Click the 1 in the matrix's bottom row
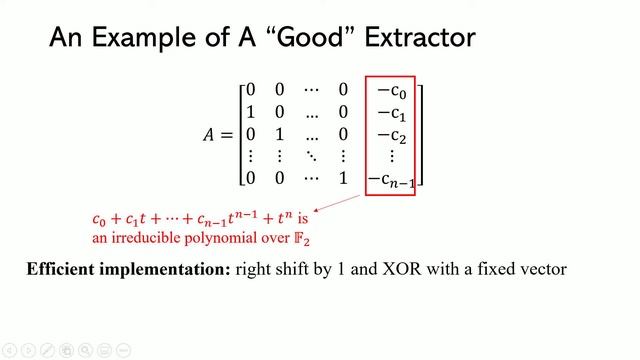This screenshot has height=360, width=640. click(343, 178)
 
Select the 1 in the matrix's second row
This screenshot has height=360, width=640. click(251, 112)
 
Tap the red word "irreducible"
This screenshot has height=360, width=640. click(143, 238)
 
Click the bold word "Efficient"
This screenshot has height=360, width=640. click(69, 270)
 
